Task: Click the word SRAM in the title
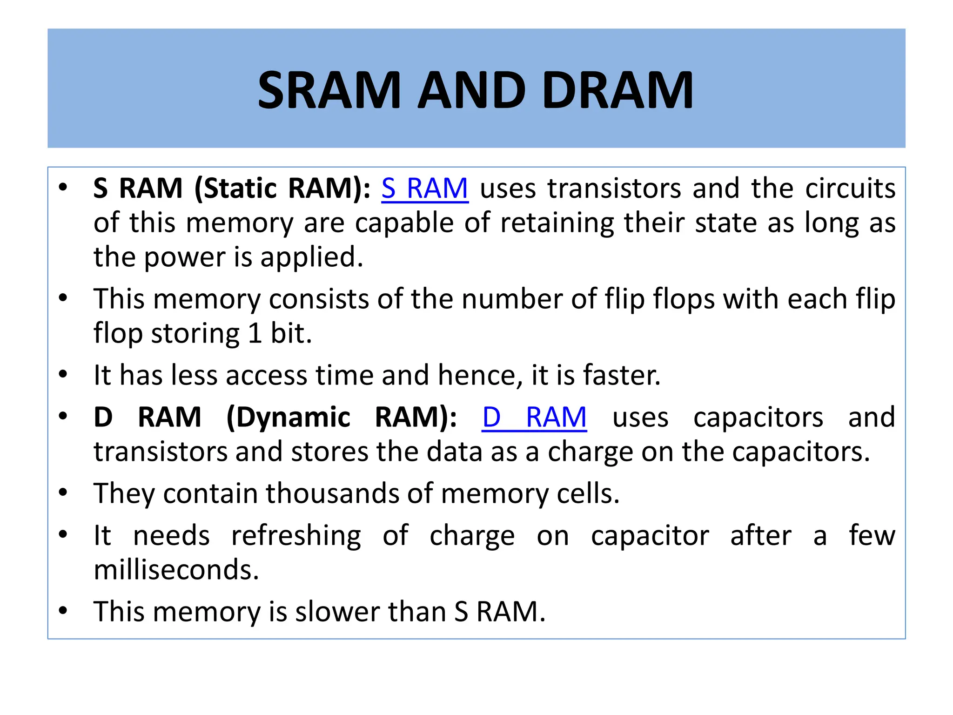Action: [x=329, y=90]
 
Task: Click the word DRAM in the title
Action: [x=617, y=90]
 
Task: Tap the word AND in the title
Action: [x=472, y=90]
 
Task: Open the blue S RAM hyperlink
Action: [x=424, y=189]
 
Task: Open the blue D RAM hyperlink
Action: [x=534, y=417]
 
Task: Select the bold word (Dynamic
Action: [x=288, y=417]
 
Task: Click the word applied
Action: [x=311, y=257]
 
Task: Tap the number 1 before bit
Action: [x=255, y=334]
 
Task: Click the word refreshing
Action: [x=296, y=536]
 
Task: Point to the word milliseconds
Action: [x=176, y=570]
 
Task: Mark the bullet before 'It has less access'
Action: [x=63, y=374]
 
